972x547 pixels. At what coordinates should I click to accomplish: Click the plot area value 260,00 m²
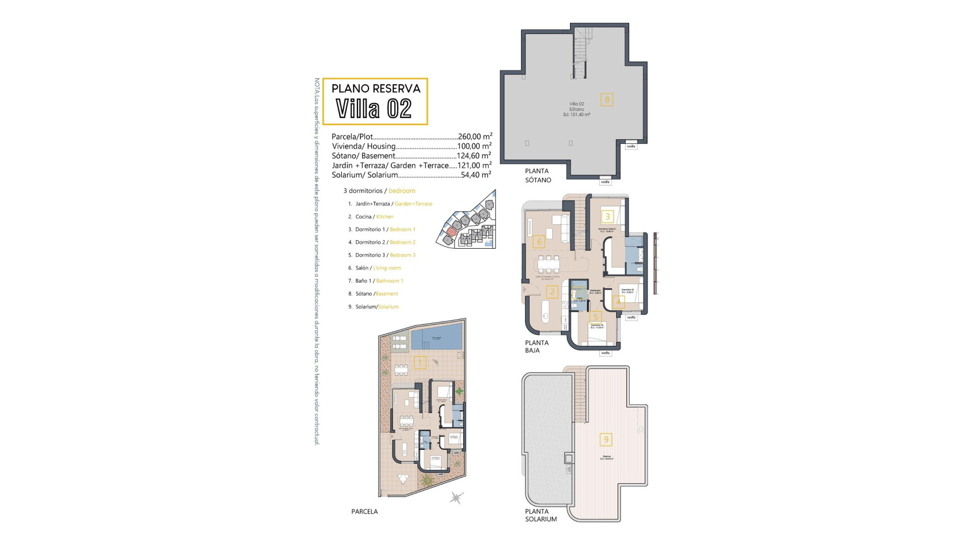coord(474,137)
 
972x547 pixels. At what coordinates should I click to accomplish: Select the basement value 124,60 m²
coord(474,156)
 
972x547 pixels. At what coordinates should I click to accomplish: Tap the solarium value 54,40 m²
coord(476,175)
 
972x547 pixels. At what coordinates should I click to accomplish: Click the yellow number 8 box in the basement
coord(606,99)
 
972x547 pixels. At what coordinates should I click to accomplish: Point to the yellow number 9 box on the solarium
coord(605,440)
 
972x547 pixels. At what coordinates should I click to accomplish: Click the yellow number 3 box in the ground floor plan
coord(607,217)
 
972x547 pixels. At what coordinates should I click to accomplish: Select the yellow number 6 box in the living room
coord(539,242)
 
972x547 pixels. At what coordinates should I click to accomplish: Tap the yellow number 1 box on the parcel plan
coord(420,363)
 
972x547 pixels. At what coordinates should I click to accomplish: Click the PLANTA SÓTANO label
coord(538,175)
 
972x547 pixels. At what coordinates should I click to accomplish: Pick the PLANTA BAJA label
coord(536,346)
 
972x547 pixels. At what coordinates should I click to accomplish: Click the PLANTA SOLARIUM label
coord(540,515)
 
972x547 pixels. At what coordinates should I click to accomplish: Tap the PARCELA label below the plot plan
coord(364,512)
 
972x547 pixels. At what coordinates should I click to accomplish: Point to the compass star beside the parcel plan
coord(456,497)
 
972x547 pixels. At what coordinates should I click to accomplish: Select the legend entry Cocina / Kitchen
coord(374,217)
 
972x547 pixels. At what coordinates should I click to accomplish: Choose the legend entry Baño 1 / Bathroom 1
coord(379,281)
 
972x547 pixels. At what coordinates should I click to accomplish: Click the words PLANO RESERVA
coord(376,89)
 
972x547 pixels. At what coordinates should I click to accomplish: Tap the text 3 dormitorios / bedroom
coord(379,191)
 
